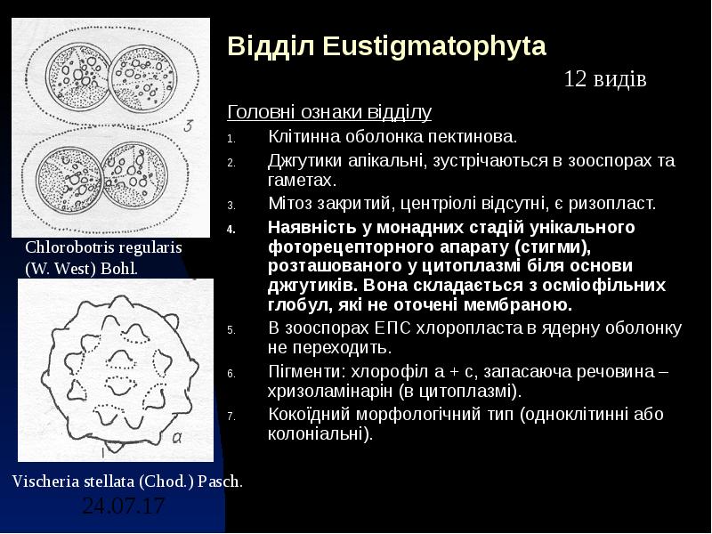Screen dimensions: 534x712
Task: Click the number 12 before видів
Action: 575,80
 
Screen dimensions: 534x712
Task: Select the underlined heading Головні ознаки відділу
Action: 329,112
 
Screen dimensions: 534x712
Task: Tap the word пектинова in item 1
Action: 474,138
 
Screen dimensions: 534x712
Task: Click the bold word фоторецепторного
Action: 342,247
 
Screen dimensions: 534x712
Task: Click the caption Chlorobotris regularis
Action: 103,248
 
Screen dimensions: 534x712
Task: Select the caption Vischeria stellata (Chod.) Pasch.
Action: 127,481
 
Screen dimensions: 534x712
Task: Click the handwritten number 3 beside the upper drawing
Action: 188,125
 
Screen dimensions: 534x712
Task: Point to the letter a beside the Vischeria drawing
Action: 177,437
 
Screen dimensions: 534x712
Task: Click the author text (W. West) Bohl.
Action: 81,267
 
